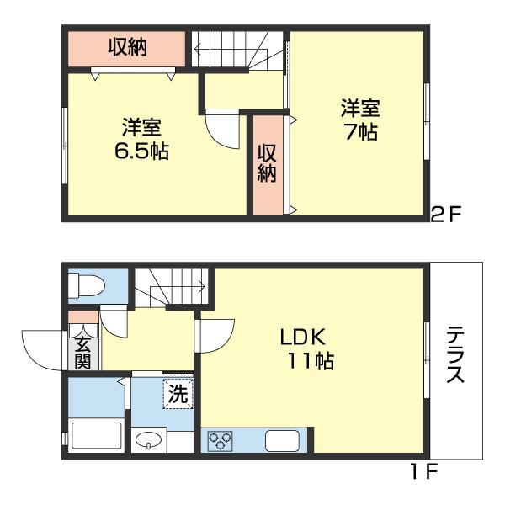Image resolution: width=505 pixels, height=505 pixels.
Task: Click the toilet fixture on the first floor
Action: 87,285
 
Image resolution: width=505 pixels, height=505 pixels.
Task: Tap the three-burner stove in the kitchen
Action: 221,440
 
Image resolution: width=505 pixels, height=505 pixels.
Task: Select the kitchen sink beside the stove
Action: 282,440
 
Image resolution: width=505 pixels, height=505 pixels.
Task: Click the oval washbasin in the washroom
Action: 148,439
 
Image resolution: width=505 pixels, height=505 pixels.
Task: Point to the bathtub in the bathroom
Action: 96,435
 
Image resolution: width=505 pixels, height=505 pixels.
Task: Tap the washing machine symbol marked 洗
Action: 178,394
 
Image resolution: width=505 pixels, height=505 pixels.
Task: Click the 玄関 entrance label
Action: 82,353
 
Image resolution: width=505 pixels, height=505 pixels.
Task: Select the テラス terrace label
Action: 455,354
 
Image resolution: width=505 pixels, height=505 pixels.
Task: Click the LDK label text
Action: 302,338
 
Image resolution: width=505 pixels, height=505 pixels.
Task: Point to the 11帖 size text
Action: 311,361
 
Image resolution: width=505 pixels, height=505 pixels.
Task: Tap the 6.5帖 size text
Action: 141,151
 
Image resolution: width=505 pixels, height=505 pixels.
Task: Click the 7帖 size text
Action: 361,132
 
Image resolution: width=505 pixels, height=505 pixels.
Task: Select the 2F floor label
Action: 446,213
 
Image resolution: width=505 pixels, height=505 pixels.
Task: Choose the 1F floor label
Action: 423,471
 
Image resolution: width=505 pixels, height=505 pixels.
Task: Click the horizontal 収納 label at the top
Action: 127,48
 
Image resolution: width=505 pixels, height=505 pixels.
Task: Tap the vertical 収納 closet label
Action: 267,163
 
